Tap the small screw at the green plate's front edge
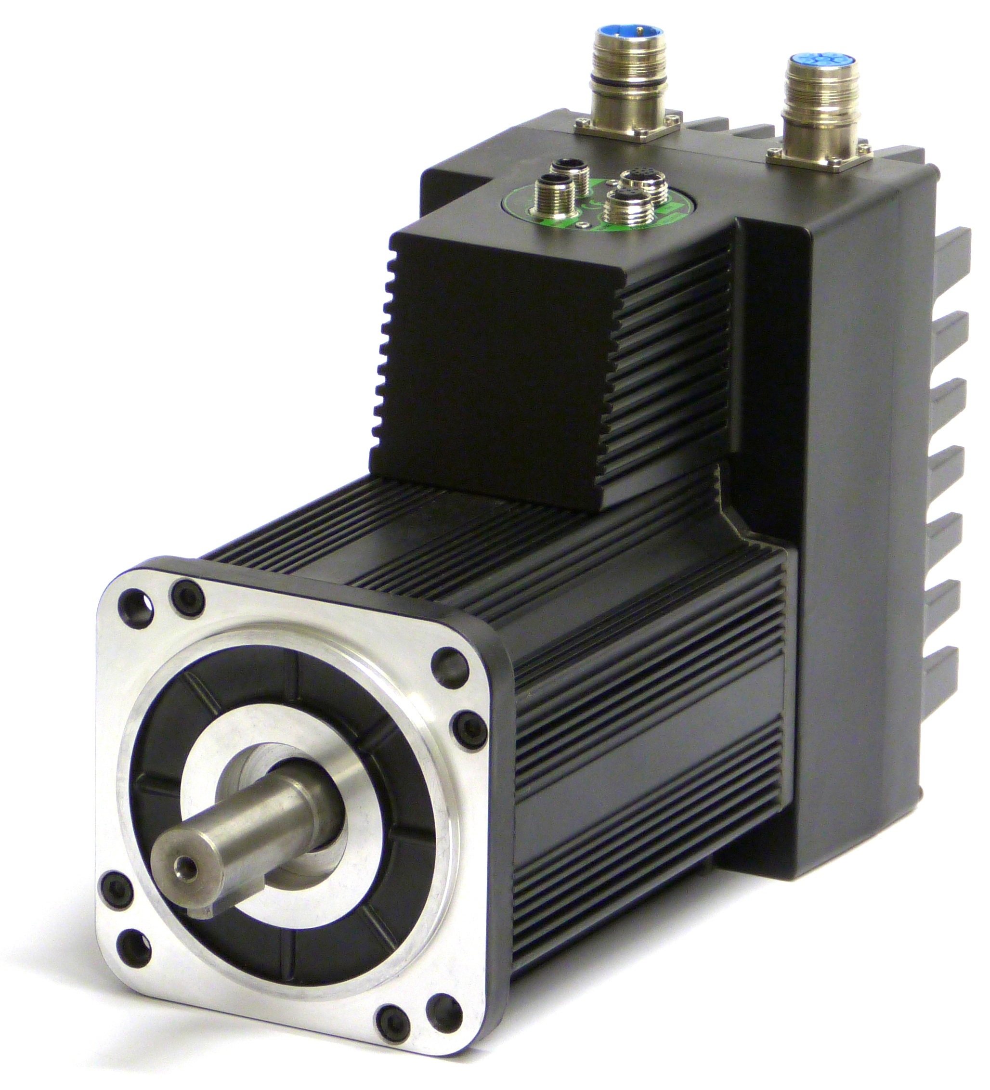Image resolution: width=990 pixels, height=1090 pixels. click(581, 224)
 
